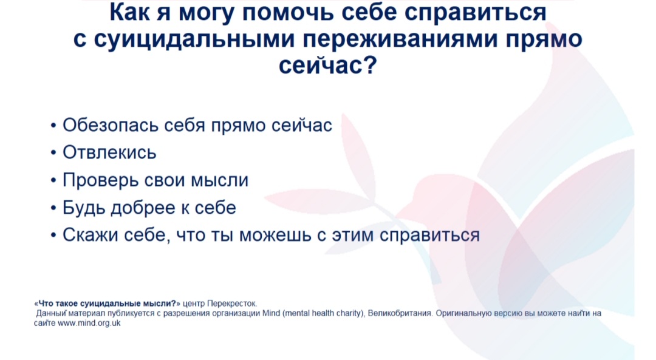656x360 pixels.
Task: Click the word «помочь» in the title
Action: [x=289, y=13]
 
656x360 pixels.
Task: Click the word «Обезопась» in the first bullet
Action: [x=111, y=124]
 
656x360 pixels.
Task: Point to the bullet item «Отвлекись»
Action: [x=109, y=152]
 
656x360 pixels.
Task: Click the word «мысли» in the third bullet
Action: [x=220, y=180]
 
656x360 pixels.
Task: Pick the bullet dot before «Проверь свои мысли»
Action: [x=53, y=181]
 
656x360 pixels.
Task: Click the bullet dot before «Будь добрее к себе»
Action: [x=53, y=208]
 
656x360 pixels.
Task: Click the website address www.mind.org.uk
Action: [x=89, y=323]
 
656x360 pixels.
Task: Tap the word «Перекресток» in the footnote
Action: [x=232, y=304]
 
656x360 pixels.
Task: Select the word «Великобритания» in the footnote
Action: [x=400, y=313]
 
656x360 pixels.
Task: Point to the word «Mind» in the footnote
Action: [x=271, y=313]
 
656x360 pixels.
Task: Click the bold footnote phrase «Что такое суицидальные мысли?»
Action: [x=107, y=304]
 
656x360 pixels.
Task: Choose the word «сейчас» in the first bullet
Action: [x=302, y=125]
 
